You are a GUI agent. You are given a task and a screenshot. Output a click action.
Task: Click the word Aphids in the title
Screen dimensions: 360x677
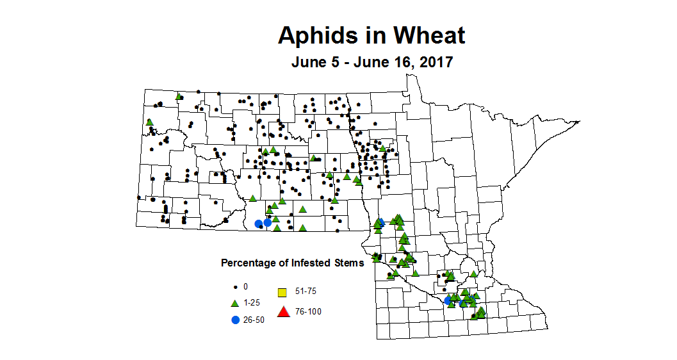pos(314,36)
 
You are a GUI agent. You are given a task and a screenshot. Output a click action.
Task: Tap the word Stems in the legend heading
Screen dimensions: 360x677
pos(349,263)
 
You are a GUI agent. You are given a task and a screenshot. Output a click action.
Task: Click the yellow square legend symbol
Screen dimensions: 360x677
pos(281,293)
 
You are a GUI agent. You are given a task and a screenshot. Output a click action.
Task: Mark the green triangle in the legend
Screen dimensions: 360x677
pos(235,303)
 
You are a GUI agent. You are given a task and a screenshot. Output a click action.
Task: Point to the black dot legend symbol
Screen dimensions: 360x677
pos(235,286)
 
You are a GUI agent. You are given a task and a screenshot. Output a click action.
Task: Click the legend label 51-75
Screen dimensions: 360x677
pos(306,291)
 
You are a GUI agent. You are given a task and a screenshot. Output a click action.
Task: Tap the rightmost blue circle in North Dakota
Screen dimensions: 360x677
pos(268,223)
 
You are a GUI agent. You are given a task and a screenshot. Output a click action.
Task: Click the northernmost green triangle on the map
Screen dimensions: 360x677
pos(179,97)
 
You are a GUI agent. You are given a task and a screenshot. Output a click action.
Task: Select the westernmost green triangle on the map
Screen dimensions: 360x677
pos(149,122)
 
